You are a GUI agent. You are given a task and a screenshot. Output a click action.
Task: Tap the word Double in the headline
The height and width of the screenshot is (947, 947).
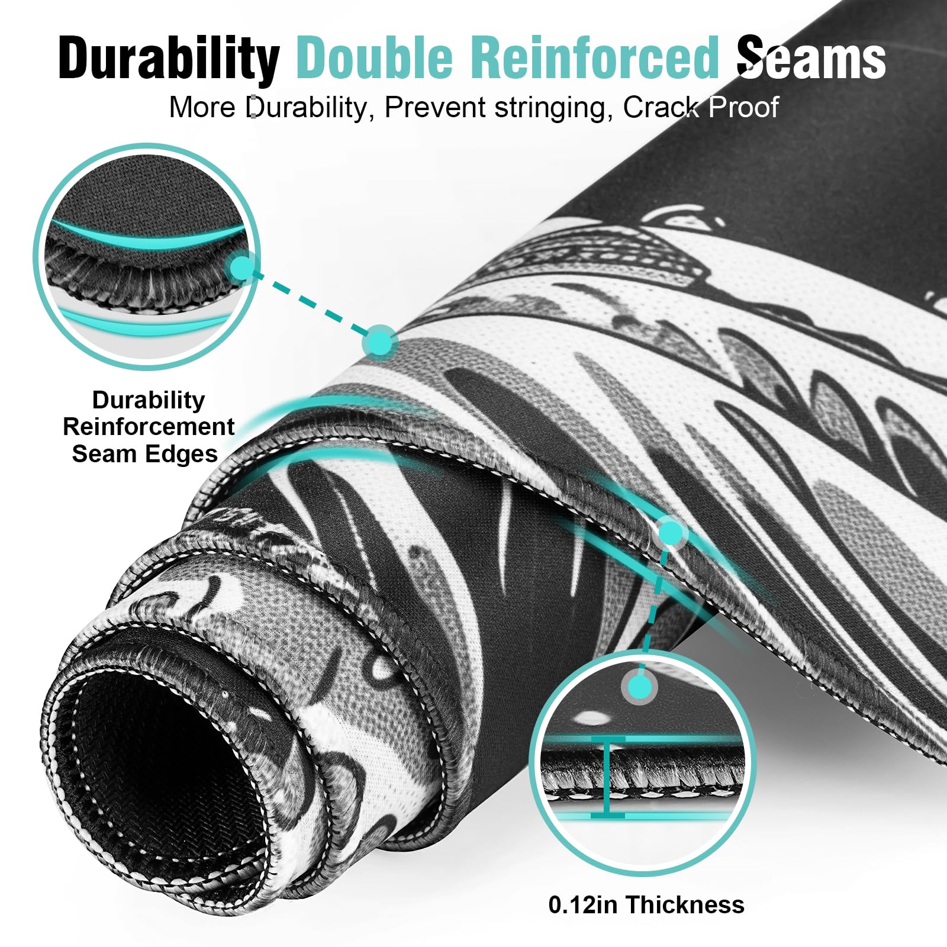coord(374,57)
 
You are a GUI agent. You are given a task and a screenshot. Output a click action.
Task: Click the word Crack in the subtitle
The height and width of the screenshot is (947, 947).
coord(661,108)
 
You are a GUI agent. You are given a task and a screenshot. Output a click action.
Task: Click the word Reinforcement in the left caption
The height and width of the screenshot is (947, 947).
coord(149,427)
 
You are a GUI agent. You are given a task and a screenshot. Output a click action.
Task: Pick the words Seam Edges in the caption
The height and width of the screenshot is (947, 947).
coord(145,454)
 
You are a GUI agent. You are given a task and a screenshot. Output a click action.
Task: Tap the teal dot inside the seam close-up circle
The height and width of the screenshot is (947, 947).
coord(241,268)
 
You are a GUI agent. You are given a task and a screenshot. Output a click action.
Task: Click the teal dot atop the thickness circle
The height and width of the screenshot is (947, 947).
coord(639,687)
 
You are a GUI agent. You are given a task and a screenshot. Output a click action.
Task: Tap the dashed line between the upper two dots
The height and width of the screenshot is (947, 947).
coord(311,305)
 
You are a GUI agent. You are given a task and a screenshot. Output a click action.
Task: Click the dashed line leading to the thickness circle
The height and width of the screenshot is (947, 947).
coord(654,610)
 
